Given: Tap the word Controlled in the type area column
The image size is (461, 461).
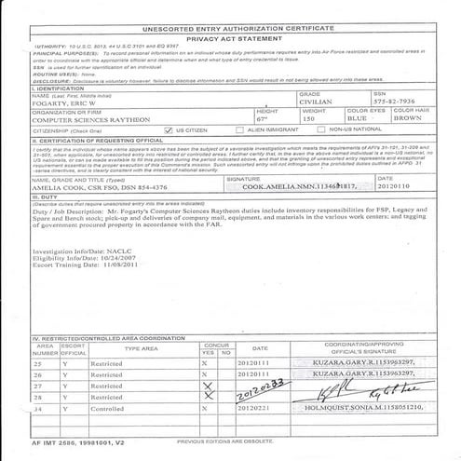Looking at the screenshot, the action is coord(108,407).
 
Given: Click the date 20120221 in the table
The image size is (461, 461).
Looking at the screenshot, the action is coord(253,407).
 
